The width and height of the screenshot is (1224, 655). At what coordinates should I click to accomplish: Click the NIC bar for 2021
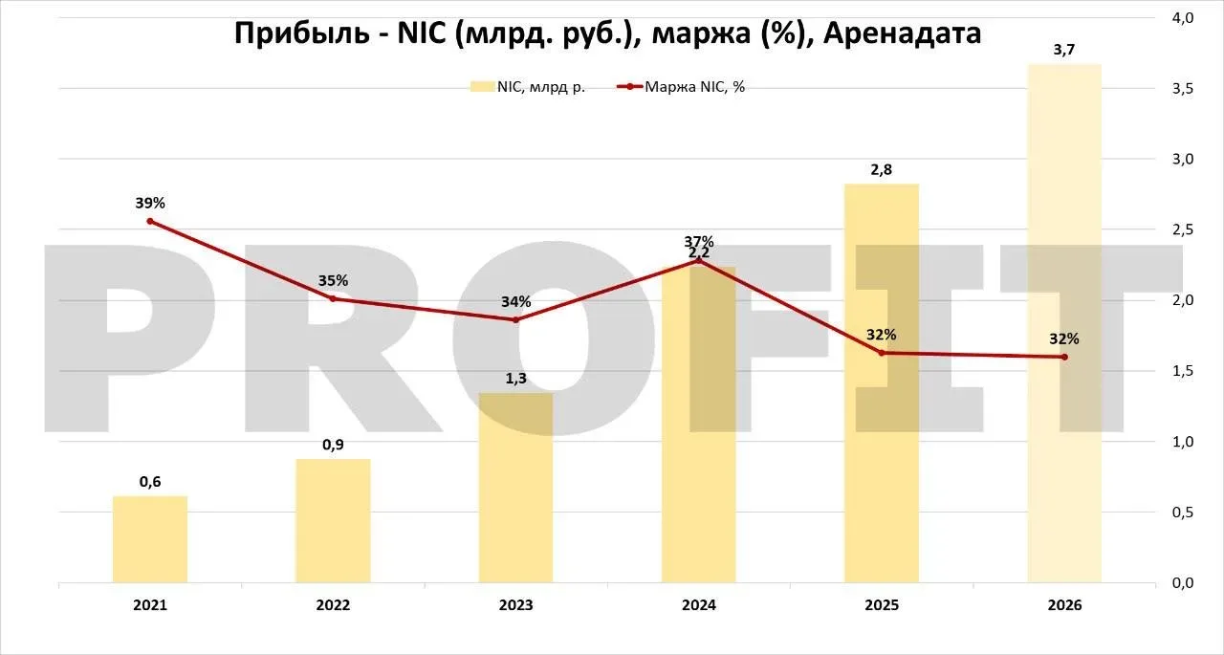point(150,539)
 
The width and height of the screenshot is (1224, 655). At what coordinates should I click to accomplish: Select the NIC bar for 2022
point(333,520)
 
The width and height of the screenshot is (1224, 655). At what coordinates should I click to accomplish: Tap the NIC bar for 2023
point(515,488)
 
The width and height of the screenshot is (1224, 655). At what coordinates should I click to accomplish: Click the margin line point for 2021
point(150,221)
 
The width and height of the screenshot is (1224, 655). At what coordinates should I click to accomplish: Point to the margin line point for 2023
point(515,319)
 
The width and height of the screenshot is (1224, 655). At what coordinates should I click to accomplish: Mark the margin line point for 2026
point(1064,357)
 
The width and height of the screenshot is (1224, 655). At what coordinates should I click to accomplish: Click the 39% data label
point(150,203)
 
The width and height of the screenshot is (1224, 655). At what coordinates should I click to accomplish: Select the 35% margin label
point(333,280)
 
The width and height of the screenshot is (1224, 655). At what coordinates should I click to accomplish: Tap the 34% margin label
point(515,301)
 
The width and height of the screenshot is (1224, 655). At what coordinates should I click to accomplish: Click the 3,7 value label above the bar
point(1064,50)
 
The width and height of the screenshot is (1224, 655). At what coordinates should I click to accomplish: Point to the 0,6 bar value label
point(150,481)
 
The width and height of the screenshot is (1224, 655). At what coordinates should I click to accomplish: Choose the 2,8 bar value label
point(882,169)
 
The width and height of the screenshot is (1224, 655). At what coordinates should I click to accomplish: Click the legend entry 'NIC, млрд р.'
point(527,87)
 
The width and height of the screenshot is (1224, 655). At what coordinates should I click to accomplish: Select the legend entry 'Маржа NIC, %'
point(682,87)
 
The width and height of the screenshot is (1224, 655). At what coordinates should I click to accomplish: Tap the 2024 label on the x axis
point(698,605)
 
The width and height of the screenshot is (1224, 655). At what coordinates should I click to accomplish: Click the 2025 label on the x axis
point(882,605)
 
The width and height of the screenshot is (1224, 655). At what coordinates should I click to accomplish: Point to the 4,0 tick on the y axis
point(1182,18)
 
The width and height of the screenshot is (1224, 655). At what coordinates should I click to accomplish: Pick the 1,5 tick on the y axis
point(1182,371)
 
